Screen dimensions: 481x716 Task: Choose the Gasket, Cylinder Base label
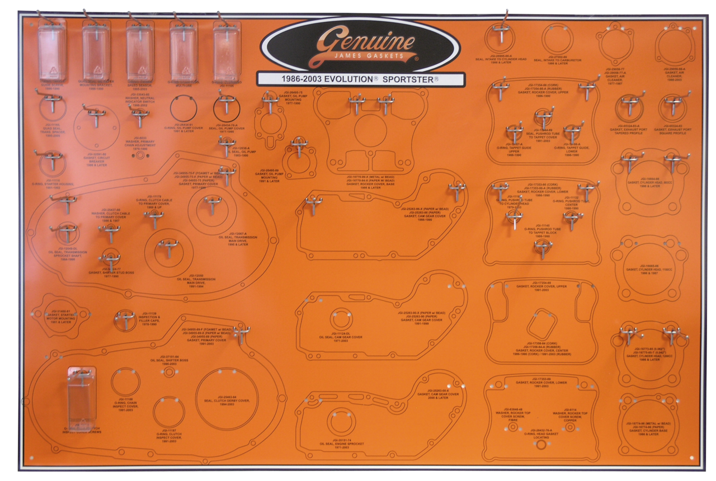(646, 428)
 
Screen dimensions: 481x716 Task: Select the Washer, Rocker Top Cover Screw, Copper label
(569, 416)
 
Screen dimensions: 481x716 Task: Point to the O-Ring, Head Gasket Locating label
(540, 433)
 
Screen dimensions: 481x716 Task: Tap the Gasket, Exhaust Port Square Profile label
(673, 131)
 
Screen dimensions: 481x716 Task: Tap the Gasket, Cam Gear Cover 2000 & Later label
(439, 394)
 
